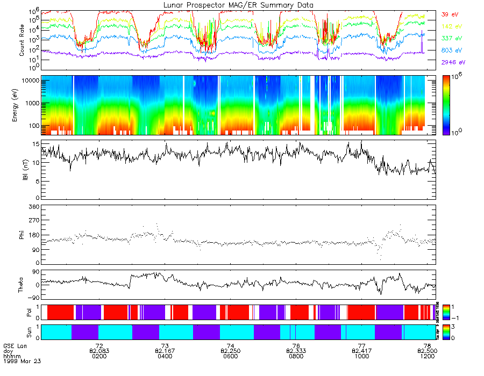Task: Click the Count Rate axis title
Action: (22, 40)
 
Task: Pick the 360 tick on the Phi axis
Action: (33, 207)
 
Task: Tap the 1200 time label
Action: (428, 356)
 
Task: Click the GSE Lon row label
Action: (15, 345)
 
